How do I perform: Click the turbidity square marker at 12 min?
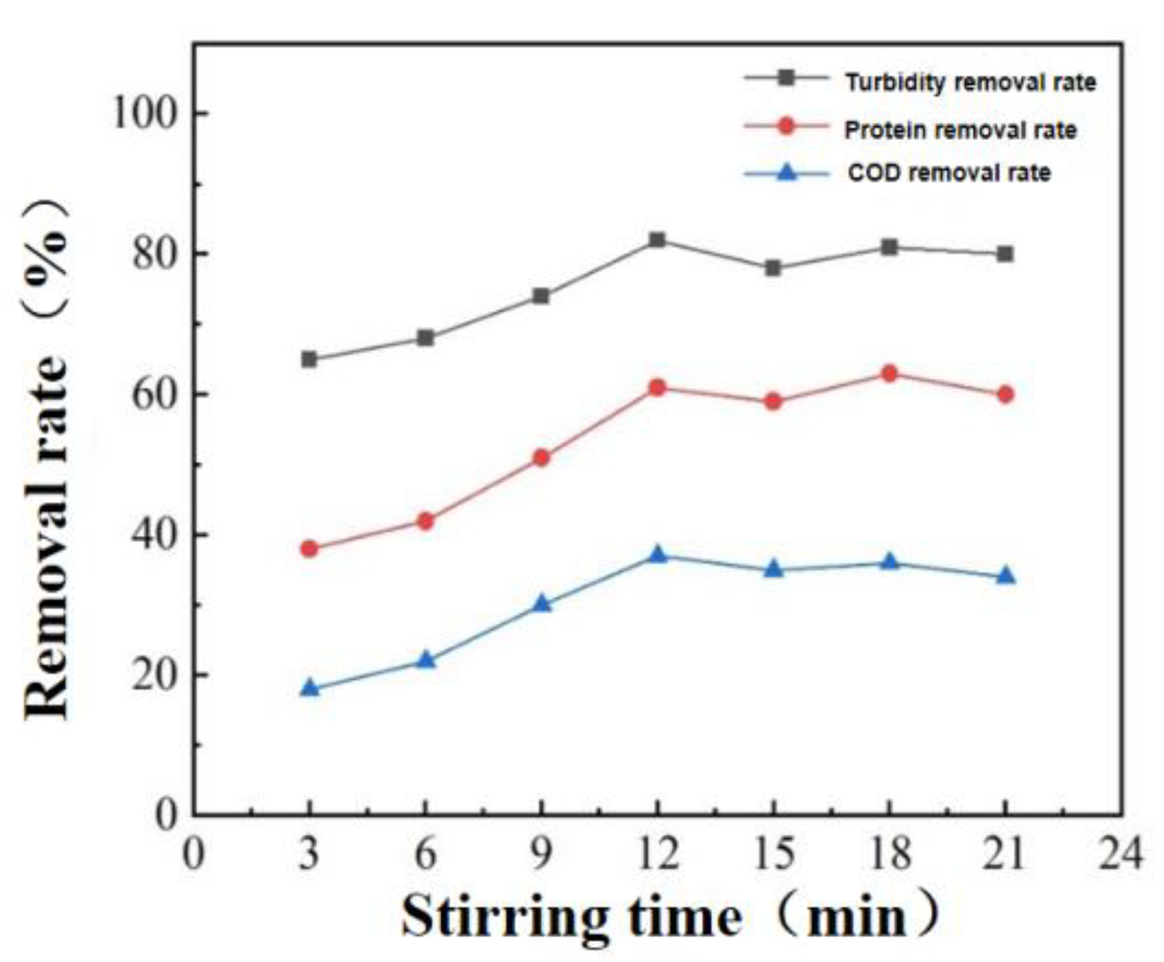[657, 240]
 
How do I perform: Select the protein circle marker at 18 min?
[890, 374]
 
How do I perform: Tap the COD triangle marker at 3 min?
[310, 688]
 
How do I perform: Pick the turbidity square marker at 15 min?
[773, 268]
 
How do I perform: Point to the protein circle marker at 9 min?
[541, 458]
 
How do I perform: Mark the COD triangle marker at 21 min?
[1006, 576]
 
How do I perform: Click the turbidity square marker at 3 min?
[309, 359]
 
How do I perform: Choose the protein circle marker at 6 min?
[425, 521]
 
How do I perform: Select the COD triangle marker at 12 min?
[657, 554]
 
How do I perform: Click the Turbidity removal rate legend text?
[971, 83]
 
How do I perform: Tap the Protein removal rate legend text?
[960, 130]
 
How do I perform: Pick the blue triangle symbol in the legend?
[788, 173]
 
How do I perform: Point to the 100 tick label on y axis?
[145, 113]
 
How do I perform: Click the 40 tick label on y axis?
[154, 535]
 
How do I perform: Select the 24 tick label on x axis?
[1120, 853]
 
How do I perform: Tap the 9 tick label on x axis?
[541, 853]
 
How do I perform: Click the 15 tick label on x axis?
[773, 853]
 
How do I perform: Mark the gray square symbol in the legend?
[787, 78]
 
